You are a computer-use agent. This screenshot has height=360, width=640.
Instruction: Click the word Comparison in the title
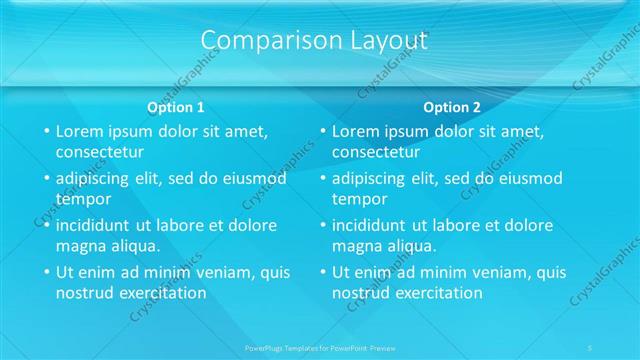pos(263,40)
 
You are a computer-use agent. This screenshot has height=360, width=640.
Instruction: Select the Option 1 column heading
pos(176,107)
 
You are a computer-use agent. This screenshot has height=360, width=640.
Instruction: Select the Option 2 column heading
pos(452,107)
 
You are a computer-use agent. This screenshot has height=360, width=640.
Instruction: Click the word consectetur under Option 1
pos(99,153)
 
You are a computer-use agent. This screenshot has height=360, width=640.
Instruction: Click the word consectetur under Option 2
pos(375,153)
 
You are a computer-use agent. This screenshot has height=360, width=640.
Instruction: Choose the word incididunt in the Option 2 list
pos(370,226)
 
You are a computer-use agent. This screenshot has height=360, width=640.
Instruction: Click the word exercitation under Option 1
pos(161,293)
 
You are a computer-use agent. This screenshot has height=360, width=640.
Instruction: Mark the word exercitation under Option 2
pos(437,293)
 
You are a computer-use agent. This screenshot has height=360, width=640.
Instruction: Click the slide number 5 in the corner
pos(590,347)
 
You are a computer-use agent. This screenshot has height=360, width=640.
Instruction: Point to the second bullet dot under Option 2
pos(322,179)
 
